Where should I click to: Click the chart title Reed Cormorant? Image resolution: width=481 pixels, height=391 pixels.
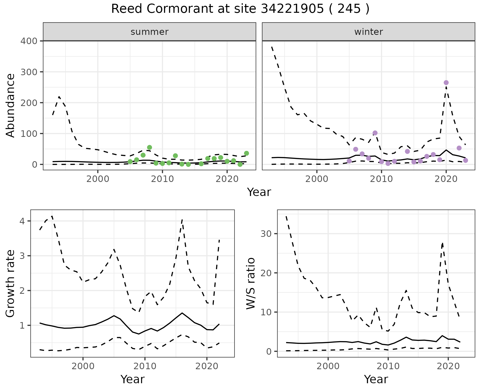click(x=240, y=9)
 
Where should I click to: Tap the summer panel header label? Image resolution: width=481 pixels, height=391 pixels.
click(x=149, y=32)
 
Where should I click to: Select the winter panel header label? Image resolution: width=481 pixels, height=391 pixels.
click(x=368, y=32)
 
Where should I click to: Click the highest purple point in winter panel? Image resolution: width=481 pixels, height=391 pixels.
click(x=446, y=83)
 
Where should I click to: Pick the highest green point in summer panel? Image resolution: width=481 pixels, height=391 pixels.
click(x=150, y=147)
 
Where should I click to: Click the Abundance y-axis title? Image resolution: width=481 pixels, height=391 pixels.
click(x=11, y=105)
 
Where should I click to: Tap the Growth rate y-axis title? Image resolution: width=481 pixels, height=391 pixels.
click(x=11, y=284)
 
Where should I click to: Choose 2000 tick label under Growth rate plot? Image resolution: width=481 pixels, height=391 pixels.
click(x=83, y=366)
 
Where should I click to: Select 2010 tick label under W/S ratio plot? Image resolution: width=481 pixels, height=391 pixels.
click(x=388, y=366)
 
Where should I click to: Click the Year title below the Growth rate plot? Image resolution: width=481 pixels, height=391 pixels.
click(x=133, y=379)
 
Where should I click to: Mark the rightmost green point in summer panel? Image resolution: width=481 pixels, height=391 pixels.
click(x=246, y=153)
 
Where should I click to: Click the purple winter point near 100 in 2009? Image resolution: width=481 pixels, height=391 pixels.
click(x=375, y=133)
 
